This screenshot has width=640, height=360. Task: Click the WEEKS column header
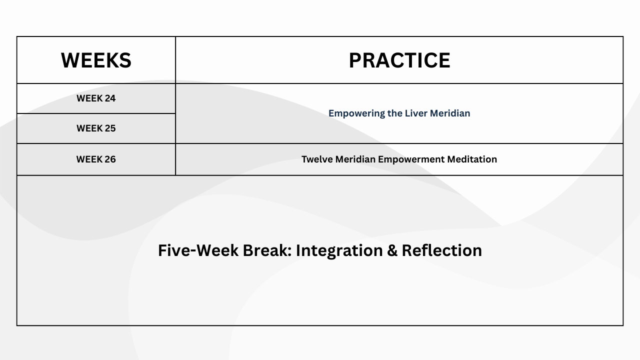pyautogui.click(x=96, y=60)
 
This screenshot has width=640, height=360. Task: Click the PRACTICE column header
pyautogui.click(x=399, y=60)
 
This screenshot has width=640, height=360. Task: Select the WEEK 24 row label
pyautogui.click(x=96, y=98)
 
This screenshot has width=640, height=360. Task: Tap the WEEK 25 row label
pyautogui.click(x=96, y=128)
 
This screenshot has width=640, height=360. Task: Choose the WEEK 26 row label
pyautogui.click(x=96, y=159)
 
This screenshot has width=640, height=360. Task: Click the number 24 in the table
pyautogui.click(x=110, y=98)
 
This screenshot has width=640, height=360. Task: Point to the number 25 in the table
pyautogui.click(x=110, y=128)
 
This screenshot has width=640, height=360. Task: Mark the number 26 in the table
pyautogui.click(x=110, y=159)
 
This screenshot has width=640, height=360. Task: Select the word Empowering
pyautogui.click(x=357, y=113)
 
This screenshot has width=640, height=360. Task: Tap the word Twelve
pyautogui.click(x=317, y=159)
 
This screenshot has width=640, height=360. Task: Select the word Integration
pyautogui.click(x=339, y=251)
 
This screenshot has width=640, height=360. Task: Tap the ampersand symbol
pyautogui.click(x=392, y=250)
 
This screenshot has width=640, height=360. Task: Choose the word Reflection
pyautogui.click(x=441, y=250)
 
